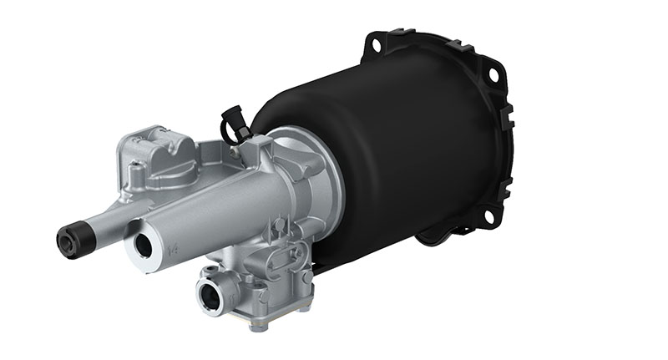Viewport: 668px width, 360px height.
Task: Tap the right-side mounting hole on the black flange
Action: tap(493, 74)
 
